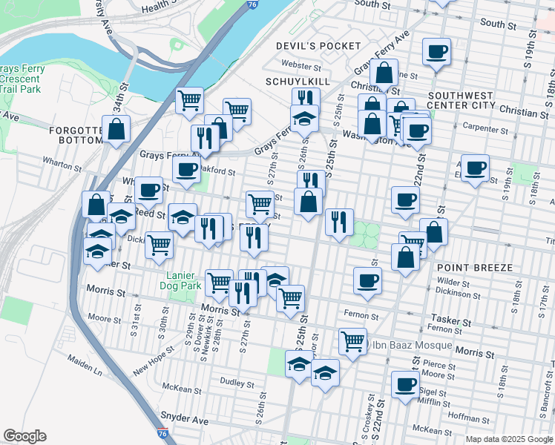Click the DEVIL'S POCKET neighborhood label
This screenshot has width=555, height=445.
coord(318,46)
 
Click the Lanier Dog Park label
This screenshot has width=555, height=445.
coord(182,279)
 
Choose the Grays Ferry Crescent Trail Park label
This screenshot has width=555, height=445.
coord(22,79)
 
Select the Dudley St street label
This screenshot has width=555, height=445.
coord(237,381)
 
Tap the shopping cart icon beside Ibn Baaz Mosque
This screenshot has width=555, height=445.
coord(352,341)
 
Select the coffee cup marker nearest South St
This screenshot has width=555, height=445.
coord(437,51)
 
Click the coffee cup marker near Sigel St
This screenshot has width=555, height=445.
coord(405,384)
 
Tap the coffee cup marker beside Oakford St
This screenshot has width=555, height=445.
coord(186,168)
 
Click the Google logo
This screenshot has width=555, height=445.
coord(24,436)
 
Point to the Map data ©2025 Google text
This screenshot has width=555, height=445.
coord(508,439)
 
